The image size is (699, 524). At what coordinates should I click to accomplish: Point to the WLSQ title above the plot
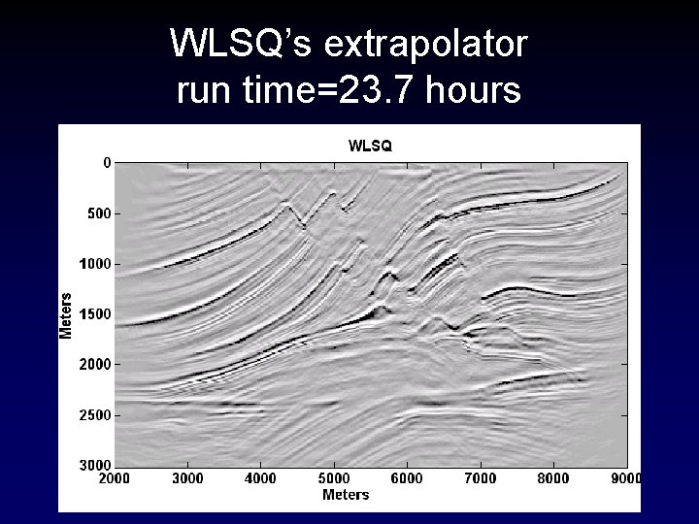(370, 146)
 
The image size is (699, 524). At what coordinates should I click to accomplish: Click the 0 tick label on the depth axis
(107, 162)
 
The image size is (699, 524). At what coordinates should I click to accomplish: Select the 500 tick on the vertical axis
(98, 213)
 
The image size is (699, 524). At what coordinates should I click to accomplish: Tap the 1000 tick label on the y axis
(94, 263)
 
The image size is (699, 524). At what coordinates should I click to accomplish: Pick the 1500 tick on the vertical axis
(94, 314)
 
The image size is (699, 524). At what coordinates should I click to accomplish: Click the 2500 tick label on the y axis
(94, 415)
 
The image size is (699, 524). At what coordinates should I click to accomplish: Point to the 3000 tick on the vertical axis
(94, 465)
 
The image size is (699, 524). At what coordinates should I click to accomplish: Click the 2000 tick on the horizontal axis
(115, 477)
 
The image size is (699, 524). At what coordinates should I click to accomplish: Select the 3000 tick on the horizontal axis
(187, 477)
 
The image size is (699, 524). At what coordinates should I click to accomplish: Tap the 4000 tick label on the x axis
(260, 477)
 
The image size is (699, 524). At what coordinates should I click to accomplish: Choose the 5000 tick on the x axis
(334, 477)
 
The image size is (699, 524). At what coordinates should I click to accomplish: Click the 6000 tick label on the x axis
(407, 477)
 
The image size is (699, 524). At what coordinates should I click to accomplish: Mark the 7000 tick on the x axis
(481, 477)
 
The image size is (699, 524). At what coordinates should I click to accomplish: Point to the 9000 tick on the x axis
(625, 477)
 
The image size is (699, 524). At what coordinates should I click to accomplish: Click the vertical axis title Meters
(66, 314)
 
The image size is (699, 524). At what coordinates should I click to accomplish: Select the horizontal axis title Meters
(346, 495)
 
